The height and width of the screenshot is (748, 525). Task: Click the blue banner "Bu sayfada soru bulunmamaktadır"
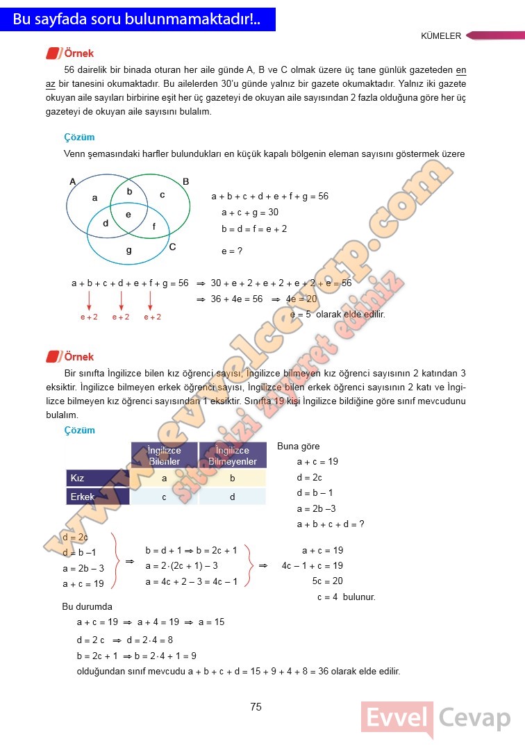click(x=137, y=19)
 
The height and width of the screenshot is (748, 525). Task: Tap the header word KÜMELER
click(x=441, y=36)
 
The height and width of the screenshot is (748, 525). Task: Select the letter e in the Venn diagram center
click(x=128, y=215)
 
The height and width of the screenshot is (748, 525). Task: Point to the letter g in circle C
click(x=128, y=250)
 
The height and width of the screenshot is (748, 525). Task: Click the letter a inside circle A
click(x=95, y=198)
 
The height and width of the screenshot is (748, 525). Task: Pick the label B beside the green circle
click(x=185, y=182)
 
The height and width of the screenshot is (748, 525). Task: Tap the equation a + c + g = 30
click(x=250, y=213)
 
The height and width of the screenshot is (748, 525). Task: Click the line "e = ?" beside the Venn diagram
click(x=232, y=251)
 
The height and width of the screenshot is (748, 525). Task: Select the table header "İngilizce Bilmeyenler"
click(x=233, y=456)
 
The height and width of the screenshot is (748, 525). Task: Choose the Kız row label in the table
click(x=97, y=478)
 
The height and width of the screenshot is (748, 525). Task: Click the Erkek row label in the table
click(x=97, y=497)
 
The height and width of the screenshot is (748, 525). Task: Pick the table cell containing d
click(x=233, y=497)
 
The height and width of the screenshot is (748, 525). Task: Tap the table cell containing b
click(x=233, y=478)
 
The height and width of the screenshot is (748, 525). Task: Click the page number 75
click(x=256, y=707)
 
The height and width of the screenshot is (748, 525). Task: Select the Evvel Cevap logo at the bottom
click(x=436, y=718)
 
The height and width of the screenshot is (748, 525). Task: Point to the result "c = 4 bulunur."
click(x=346, y=597)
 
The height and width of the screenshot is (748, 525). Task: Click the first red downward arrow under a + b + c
click(x=90, y=301)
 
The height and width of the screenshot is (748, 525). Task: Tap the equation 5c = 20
click(x=327, y=581)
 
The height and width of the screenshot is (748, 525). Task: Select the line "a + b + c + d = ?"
click(x=331, y=524)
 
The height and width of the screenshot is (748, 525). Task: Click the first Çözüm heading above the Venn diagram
click(x=79, y=138)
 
